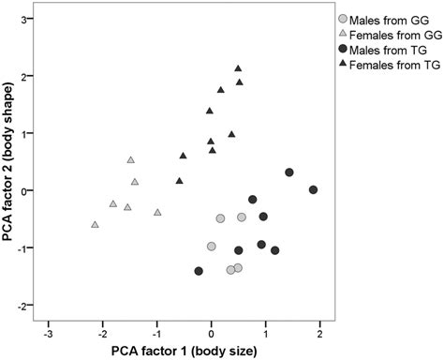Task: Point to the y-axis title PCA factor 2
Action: point(12,164)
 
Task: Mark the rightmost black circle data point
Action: point(313,189)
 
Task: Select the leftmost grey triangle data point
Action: point(95,224)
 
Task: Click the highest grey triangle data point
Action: point(131,160)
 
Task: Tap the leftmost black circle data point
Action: point(199,271)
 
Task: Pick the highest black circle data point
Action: point(289,172)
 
